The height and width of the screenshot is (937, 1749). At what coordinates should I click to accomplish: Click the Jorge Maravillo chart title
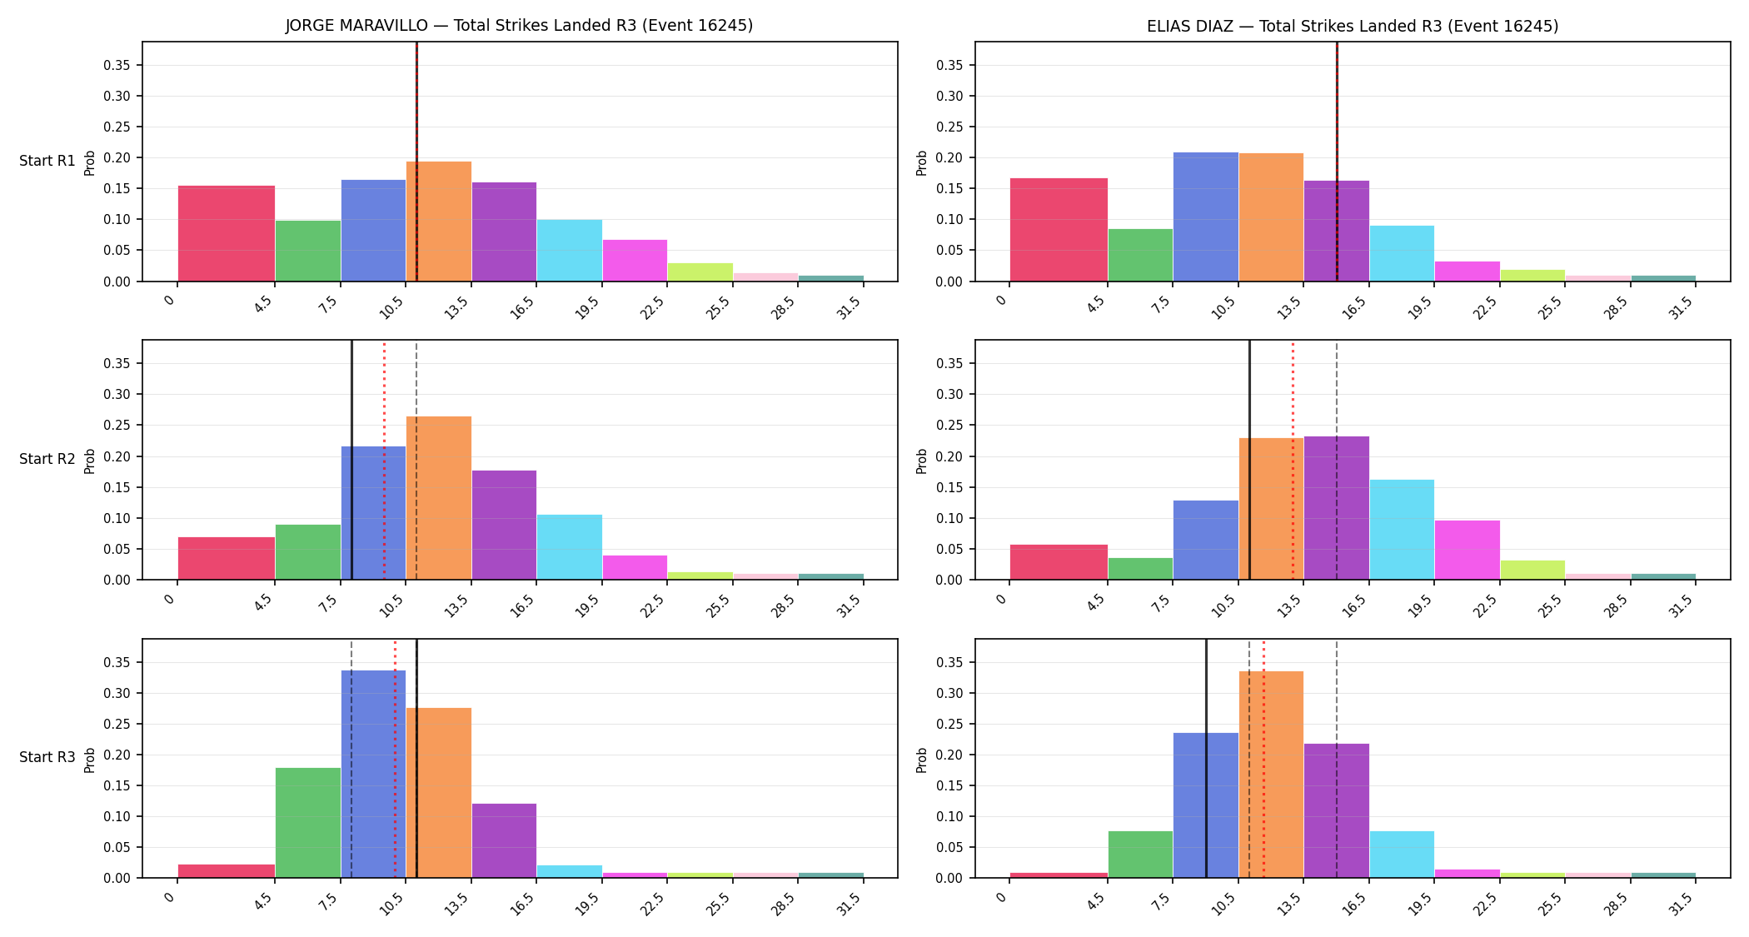click(519, 26)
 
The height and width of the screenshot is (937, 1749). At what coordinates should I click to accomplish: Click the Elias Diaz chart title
click(1353, 26)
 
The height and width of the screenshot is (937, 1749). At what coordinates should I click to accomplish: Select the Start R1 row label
click(47, 161)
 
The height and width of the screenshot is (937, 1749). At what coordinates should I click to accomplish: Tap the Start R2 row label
click(47, 459)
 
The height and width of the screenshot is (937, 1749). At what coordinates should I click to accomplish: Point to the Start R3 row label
click(47, 757)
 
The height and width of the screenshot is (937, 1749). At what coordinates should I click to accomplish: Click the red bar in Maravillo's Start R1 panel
click(227, 233)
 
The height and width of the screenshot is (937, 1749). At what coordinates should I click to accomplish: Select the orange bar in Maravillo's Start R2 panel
click(439, 498)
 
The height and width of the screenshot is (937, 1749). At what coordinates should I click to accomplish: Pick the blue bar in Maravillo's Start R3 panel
click(373, 774)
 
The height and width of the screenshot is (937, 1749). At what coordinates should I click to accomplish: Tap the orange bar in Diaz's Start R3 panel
click(1271, 775)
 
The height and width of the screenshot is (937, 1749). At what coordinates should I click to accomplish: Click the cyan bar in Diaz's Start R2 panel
click(1402, 530)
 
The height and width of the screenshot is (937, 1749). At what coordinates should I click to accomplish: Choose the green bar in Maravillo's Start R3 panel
click(308, 823)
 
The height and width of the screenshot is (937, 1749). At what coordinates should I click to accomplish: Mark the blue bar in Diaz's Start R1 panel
click(1206, 217)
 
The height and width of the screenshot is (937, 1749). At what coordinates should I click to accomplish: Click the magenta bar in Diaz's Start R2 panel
click(1467, 550)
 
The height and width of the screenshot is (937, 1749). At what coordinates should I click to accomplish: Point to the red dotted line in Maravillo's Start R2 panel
click(384, 460)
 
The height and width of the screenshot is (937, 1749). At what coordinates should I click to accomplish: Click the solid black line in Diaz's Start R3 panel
click(1206, 759)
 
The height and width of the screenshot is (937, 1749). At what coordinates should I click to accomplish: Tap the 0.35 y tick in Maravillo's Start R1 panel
click(117, 65)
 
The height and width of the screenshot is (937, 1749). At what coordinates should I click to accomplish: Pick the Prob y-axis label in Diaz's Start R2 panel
click(922, 461)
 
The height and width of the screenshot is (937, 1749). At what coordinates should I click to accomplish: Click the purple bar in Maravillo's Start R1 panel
click(504, 232)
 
